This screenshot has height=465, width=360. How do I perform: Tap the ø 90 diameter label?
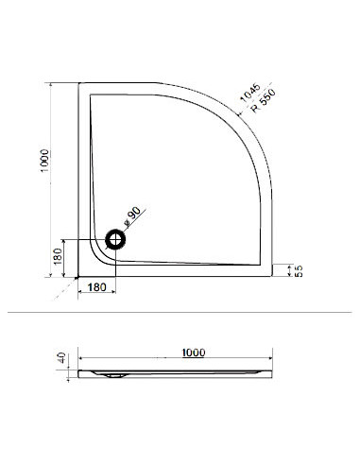click(x=132, y=217)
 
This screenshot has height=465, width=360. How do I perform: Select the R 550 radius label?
click(x=264, y=100)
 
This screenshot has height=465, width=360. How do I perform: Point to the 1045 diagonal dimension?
click(x=250, y=93)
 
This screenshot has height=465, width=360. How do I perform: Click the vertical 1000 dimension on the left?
click(x=44, y=161)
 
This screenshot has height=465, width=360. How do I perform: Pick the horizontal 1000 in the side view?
click(x=194, y=353)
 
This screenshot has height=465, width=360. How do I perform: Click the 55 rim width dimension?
click(x=299, y=271)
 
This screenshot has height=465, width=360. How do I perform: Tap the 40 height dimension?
click(x=61, y=358)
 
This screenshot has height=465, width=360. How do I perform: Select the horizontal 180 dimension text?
click(x=96, y=287)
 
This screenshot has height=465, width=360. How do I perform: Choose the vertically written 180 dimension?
click(x=58, y=257)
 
